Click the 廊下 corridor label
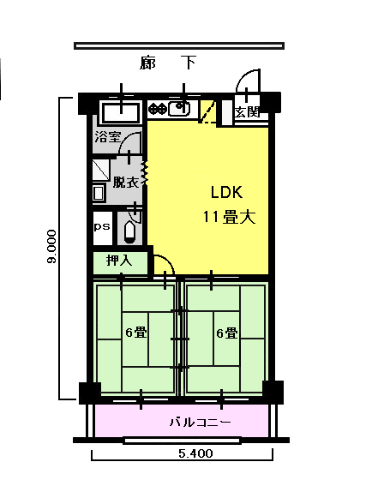pyautogui.click(x=168, y=63)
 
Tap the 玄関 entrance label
pyautogui.click(x=247, y=112)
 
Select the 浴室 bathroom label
pyautogui.click(x=108, y=137)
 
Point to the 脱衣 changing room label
pyautogui.click(x=126, y=183)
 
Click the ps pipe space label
pyautogui.click(x=102, y=226)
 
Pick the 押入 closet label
pyautogui.click(x=119, y=261)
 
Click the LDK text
pyautogui.click(x=226, y=192)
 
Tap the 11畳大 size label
pyautogui.click(x=229, y=217)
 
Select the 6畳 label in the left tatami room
pyautogui.click(x=136, y=333)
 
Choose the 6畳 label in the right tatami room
pyautogui.click(x=227, y=333)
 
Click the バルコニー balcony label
pyautogui.click(x=200, y=422)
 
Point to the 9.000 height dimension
pyautogui.click(x=51, y=247)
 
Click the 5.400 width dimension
pyautogui.click(x=195, y=453)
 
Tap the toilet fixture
pyautogui.click(x=129, y=230)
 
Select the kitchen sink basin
pyautogui.click(x=178, y=109)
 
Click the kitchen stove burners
pyautogui.click(x=158, y=109)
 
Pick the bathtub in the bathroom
pyautogui.click(x=121, y=112)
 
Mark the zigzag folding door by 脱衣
pyautogui.click(x=145, y=173)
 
